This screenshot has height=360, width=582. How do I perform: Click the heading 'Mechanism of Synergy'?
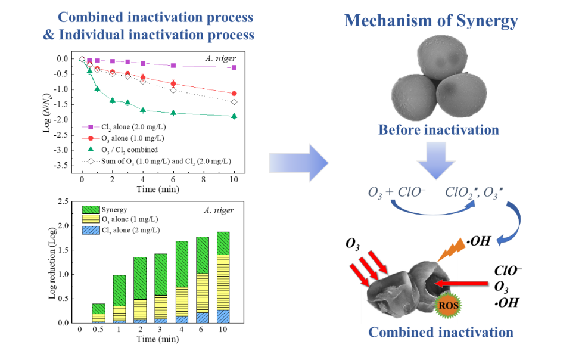tap(431, 21)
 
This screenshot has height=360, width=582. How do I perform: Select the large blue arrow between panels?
tap(299, 161)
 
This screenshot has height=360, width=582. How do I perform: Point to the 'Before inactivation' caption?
tap(438, 129)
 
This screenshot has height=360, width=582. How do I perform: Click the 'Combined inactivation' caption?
tap(440, 332)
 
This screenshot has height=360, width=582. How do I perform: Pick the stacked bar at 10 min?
tap(222, 277)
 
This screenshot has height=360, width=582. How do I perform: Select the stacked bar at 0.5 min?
tap(99, 313)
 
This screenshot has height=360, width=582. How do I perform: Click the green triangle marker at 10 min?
tap(234, 116)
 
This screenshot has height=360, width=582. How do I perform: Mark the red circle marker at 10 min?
tap(234, 94)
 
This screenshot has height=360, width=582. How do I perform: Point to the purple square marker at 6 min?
tap(173, 66)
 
